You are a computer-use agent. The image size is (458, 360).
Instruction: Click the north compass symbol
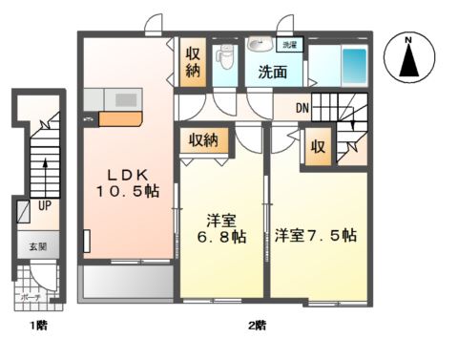(x=407, y=59)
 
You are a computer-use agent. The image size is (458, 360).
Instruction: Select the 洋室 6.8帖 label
(x=219, y=228)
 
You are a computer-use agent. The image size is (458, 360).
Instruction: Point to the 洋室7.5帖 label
(x=316, y=234)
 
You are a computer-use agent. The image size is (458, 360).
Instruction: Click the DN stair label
(x=301, y=107)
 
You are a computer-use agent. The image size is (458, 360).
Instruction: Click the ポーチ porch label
(x=29, y=297)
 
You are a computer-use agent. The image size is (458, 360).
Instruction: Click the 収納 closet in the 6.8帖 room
(x=202, y=140)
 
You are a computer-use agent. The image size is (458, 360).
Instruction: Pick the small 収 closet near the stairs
(x=315, y=148)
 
